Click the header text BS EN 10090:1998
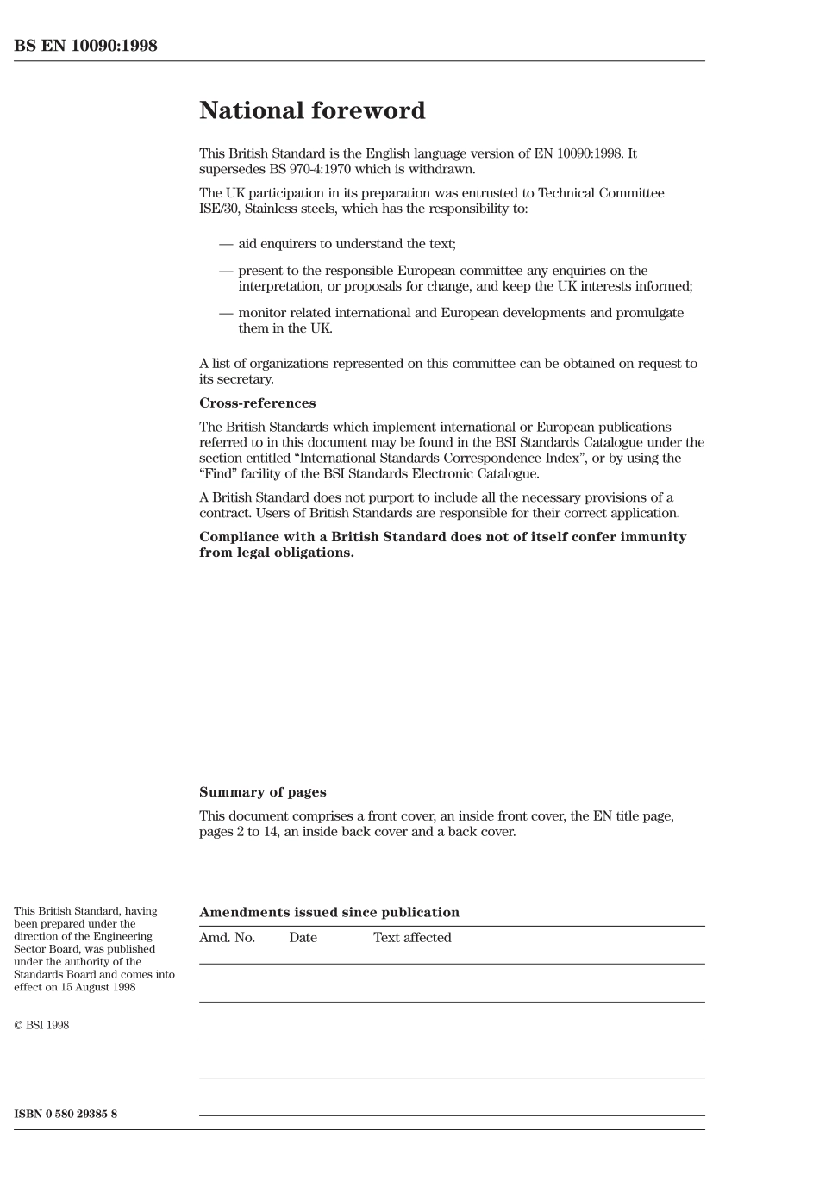coord(85,46)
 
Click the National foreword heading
coord(312,110)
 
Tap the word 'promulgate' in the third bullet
coord(649,313)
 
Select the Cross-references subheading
coord(257,403)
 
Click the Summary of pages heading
coord(262,792)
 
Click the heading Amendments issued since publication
coord(328,912)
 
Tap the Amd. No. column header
coord(227,938)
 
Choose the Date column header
coord(303,938)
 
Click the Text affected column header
coord(412,938)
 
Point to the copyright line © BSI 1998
coord(41,1025)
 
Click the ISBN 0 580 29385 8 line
coord(66,1114)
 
